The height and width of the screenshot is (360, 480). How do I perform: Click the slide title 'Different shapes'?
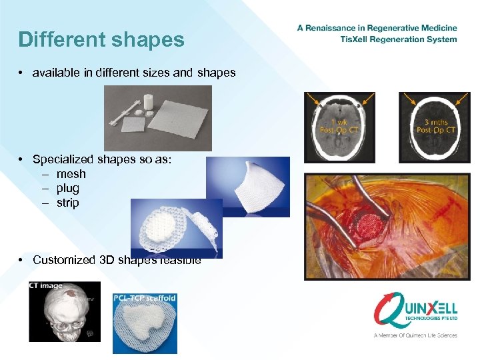point(101,40)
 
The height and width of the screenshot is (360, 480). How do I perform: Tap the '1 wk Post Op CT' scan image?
point(341,127)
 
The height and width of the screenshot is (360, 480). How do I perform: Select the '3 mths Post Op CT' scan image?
point(434,127)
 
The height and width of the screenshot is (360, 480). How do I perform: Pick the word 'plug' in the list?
point(68,189)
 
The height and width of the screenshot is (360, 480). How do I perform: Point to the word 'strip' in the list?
point(68,203)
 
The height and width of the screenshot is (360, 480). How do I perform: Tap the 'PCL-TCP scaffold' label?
point(145,298)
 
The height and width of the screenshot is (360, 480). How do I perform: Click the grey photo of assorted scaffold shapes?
point(157,118)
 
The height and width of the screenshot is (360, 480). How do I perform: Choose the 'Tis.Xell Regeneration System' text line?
point(398,39)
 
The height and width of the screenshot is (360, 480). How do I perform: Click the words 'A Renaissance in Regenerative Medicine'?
point(377,28)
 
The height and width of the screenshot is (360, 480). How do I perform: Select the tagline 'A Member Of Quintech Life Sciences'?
point(415,335)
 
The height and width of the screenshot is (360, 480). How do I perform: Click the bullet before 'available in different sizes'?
point(22,73)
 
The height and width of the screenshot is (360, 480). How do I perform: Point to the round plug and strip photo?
point(176,227)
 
